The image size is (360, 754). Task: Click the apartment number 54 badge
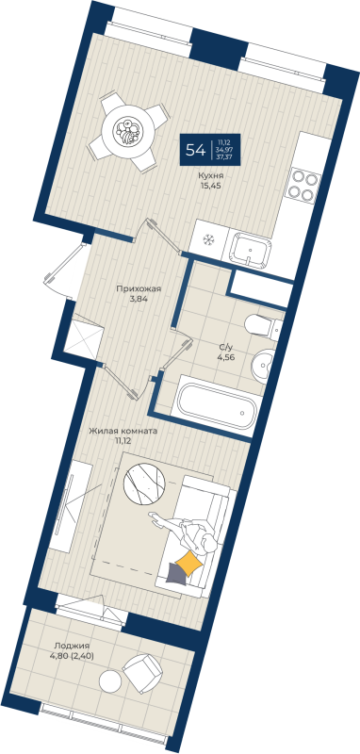tap(196, 150)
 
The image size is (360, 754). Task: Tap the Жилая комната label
tap(123, 431)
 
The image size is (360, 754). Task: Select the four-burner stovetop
tap(303, 183)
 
